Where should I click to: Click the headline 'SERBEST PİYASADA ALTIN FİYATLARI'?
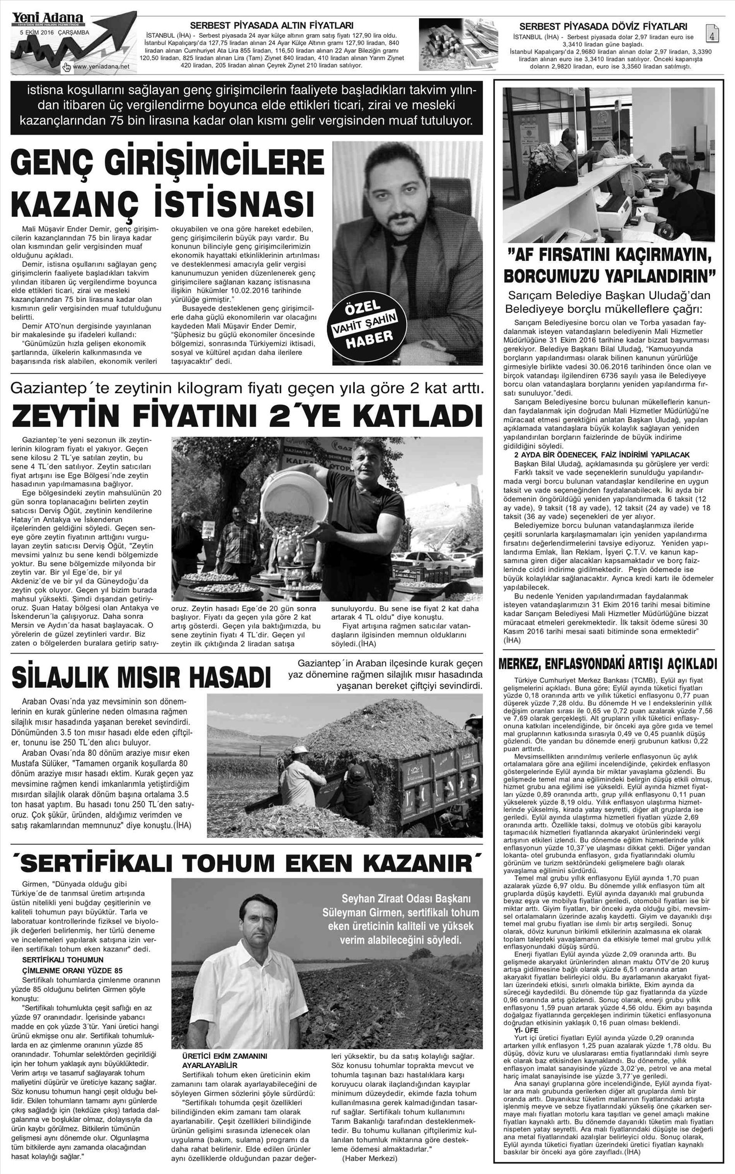tap(271, 26)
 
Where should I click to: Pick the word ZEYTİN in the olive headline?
tap(74, 415)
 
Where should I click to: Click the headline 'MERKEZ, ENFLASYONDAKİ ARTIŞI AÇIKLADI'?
tap(607, 665)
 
